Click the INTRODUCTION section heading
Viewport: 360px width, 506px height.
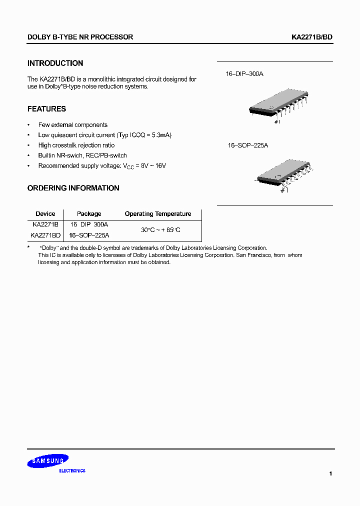(55, 63)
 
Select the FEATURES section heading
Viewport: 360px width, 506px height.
(46, 109)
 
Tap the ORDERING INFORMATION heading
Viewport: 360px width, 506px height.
(73, 188)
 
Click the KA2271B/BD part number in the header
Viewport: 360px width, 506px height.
(312, 37)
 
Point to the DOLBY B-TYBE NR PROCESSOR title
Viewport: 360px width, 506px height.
(80, 37)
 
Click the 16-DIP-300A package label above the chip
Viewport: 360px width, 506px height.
(244, 74)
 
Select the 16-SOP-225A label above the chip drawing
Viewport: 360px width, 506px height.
(248, 145)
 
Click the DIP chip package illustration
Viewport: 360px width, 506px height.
(278, 106)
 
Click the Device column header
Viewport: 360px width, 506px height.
(45, 214)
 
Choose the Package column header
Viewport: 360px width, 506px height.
(89, 214)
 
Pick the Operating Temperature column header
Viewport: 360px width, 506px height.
(158, 214)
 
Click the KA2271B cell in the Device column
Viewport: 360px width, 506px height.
(45, 225)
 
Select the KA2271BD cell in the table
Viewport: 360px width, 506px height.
(45, 235)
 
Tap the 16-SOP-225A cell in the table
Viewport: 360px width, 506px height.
(89, 235)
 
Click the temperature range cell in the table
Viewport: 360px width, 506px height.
(160, 230)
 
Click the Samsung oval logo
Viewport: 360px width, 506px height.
(48, 461)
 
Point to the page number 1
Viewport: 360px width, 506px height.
(330, 473)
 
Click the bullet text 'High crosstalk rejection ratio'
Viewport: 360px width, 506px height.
(76, 145)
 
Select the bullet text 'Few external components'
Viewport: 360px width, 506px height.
(73, 125)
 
